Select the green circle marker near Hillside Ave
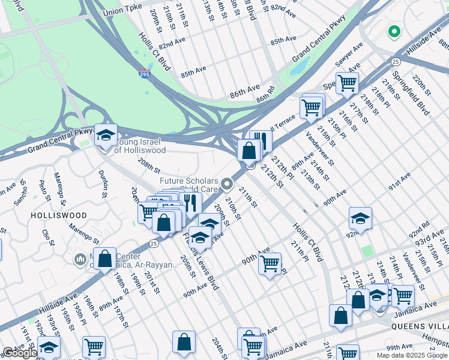pyautogui.click(x=394, y=31)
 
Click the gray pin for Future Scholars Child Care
pyautogui.click(x=226, y=184)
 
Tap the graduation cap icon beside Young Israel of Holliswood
pyautogui.click(x=106, y=135)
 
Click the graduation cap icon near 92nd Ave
pyautogui.click(x=360, y=218)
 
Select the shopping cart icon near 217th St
pyautogui.click(x=347, y=83)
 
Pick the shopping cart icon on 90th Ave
pyautogui.click(x=270, y=263)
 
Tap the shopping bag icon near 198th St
pyautogui.click(x=105, y=259)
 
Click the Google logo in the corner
pyautogui.click(x=20, y=353)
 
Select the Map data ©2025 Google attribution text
pyautogui.click(x=412, y=355)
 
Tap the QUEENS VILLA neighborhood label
pyautogui.click(x=420, y=326)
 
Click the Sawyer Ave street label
pyautogui.click(x=349, y=55)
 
